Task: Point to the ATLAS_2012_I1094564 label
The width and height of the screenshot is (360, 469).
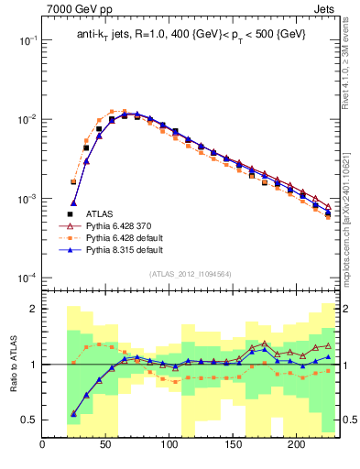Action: (x=191, y=272)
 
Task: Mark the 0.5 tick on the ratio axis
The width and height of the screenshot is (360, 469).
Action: (x=28, y=420)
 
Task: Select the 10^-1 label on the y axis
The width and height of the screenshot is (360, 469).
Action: (x=26, y=41)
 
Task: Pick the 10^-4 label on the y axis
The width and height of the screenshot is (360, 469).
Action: (x=26, y=278)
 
